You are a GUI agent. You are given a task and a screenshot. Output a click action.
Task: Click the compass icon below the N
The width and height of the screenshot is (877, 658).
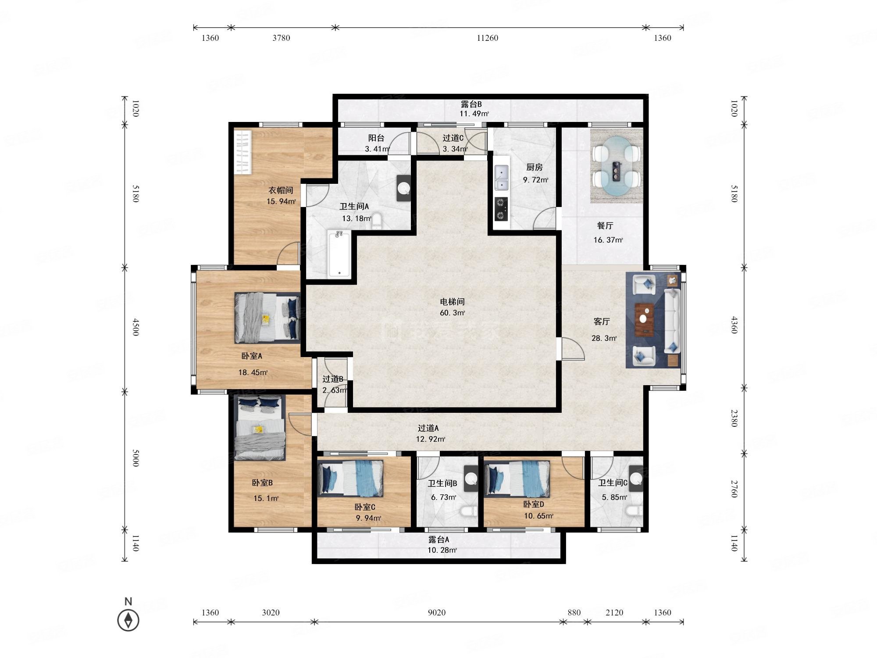pyautogui.click(x=128, y=620)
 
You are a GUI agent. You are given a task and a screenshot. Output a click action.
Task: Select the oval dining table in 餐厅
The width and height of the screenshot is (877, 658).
pyautogui.click(x=616, y=166)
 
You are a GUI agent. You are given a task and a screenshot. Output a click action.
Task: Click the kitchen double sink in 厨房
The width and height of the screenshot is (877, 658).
pyautogui.click(x=501, y=178)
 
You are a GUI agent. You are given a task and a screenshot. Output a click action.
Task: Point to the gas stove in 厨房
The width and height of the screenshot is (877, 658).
pyautogui.click(x=501, y=209)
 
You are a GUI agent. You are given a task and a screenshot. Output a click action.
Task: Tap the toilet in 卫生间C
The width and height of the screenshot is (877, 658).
pyautogui.click(x=634, y=511)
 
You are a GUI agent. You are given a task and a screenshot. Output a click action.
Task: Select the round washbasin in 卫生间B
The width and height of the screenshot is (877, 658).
pyautogui.click(x=471, y=478)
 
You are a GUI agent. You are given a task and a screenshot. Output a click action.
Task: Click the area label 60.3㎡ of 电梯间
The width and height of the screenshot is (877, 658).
pyautogui.click(x=453, y=313)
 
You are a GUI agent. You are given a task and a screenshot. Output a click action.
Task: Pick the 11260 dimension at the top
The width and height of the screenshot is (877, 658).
pyautogui.click(x=488, y=38)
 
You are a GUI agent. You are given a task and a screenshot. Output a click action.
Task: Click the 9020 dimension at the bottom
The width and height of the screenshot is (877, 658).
pyautogui.click(x=437, y=612)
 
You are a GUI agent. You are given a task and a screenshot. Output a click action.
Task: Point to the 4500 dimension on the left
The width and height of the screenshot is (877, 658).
pyautogui.click(x=135, y=327)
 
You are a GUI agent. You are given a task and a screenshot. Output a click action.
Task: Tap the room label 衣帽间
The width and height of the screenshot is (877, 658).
pyautogui.click(x=281, y=190)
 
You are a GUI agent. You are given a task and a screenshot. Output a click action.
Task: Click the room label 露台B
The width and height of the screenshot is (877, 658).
pyautogui.click(x=471, y=104)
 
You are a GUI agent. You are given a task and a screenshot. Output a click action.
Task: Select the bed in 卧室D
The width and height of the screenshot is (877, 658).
pyautogui.click(x=517, y=479)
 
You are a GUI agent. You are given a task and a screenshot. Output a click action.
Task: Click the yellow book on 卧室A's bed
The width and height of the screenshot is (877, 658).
pyautogui.click(x=266, y=318)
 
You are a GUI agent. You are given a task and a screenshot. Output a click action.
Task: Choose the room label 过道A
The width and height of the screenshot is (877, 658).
pyautogui.click(x=428, y=428)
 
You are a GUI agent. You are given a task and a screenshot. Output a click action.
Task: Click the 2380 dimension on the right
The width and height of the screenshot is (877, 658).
pyautogui.click(x=734, y=418)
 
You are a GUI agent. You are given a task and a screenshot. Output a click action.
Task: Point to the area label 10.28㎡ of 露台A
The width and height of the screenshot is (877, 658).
pyautogui.click(x=442, y=550)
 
